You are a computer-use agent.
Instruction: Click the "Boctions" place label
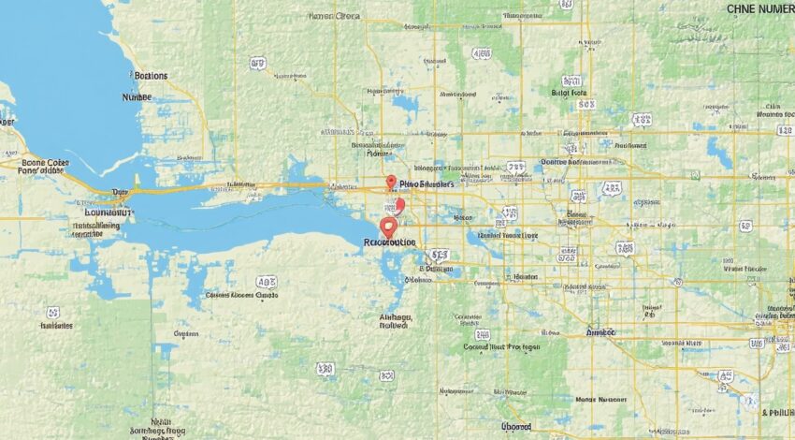151,75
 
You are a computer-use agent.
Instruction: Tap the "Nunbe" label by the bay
137,95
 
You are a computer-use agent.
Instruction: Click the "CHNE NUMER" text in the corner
759,8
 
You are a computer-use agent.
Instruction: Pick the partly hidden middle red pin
399,205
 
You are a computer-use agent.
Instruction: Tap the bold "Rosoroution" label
389,242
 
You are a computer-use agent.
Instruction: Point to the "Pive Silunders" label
426,185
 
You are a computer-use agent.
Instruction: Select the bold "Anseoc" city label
600,331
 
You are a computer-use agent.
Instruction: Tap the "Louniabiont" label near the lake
103,213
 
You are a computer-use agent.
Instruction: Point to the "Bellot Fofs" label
571,94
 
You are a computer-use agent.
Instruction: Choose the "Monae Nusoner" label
600,400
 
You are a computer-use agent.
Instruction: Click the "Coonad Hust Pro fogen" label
501,346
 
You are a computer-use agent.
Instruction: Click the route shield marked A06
267,280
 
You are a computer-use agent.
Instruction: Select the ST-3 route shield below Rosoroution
438,255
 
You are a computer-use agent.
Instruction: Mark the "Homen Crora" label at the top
333,16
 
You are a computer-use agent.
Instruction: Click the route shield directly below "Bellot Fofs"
586,106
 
